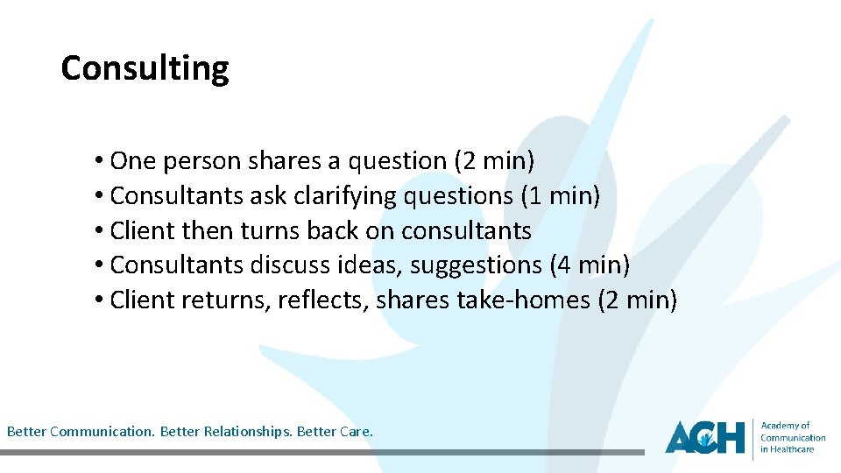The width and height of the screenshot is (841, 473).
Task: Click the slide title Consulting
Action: [x=145, y=68]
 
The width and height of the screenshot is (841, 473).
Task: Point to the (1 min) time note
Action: [x=561, y=196]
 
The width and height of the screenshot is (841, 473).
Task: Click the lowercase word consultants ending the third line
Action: [x=466, y=231]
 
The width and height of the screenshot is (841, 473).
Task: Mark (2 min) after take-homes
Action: [x=637, y=300]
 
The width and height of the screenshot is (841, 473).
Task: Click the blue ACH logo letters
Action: [x=704, y=436]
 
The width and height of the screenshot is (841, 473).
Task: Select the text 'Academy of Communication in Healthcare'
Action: [x=792, y=437]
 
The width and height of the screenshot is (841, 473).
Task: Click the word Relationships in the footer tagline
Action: [x=248, y=432]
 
